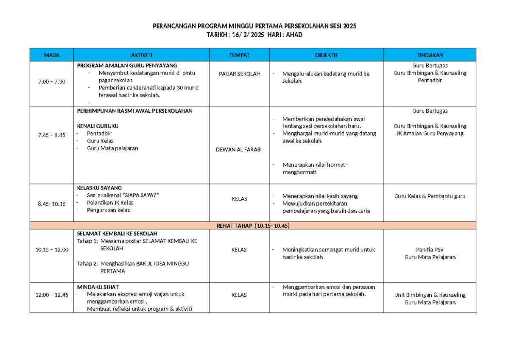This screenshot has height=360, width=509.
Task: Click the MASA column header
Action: [x=51, y=55]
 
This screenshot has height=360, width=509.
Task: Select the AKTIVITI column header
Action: [x=142, y=55]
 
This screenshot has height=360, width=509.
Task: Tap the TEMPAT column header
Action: [x=239, y=55]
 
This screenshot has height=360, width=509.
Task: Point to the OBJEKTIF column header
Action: [x=327, y=55]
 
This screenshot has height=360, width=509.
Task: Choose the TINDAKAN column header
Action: [x=430, y=55]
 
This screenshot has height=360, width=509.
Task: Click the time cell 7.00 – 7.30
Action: [x=51, y=81]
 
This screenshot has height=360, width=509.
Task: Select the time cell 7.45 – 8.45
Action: [x=51, y=135]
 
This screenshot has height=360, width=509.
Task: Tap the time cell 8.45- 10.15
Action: [x=51, y=204]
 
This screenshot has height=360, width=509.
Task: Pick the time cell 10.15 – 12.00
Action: [x=51, y=250]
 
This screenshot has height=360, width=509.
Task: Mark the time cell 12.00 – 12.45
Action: [x=51, y=295]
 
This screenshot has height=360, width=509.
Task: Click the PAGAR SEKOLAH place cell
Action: [x=239, y=74]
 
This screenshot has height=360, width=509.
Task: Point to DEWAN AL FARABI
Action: [x=239, y=150]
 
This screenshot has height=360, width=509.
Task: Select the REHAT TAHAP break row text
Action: [x=253, y=226]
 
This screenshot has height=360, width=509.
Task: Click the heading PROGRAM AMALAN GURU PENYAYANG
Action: [x=127, y=65]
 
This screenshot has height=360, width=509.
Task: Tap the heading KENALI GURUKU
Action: [x=97, y=126]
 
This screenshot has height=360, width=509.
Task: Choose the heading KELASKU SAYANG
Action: [x=99, y=187]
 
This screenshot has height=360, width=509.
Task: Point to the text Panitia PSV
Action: [x=430, y=250]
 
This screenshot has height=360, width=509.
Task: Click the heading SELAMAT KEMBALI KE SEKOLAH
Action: [x=117, y=234]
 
